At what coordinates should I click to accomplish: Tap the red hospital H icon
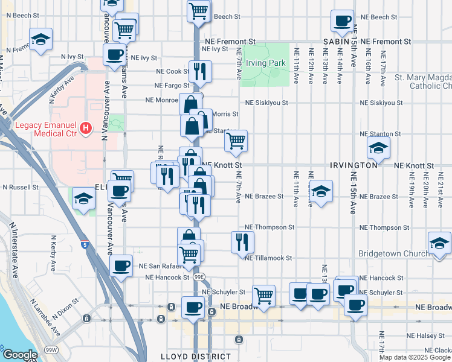tap(86, 129)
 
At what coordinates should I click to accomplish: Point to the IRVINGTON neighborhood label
tap(354, 165)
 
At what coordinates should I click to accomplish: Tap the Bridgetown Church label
tap(394, 253)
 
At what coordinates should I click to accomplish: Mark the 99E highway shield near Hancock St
tap(199, 277)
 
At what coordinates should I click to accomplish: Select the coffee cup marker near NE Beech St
tap(342, 21)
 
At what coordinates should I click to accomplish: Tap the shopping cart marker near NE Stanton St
tap(236, 141)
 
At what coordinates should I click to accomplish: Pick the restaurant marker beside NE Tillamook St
tap(242, 242)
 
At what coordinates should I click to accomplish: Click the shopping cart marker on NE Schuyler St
tap(264, 296)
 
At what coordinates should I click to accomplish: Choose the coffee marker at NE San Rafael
tap(121, 265)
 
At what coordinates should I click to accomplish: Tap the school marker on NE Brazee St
tap(321, 191)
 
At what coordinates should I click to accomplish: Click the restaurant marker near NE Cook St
tap(200, 71)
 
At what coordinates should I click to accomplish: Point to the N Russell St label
tap(21, 187)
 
